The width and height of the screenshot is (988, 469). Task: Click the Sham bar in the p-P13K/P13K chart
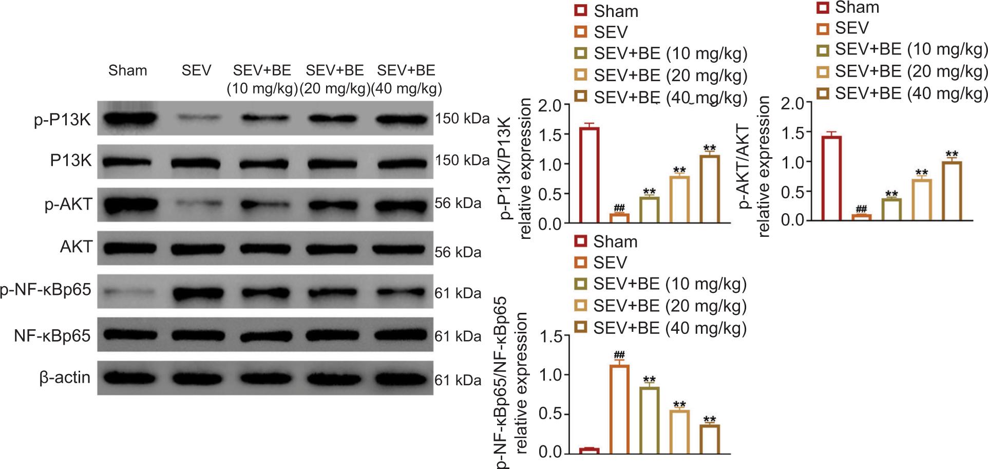(x=590, y=175)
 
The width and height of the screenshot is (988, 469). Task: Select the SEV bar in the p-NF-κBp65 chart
(x=619, y=409)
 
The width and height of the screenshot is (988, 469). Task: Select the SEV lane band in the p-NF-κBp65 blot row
(x=196, y=294)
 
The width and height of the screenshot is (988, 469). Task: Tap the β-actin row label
(x=65, y=378)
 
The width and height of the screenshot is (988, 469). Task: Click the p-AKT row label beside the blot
(x=68, y=204)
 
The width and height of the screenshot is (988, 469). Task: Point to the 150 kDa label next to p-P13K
(x=462, y=119)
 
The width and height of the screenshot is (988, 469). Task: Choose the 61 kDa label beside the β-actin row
(x=458, y=380)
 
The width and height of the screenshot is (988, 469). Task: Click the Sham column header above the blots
(x=127, y=70)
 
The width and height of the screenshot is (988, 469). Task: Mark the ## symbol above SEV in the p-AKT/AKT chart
(x=861, y=209)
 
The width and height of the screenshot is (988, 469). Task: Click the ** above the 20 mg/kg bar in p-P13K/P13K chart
(x=679, y=171)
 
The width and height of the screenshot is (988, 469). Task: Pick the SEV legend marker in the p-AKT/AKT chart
(x=823, y=28)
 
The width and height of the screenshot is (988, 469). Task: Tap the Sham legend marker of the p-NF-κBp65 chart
(x=581, y=241)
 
